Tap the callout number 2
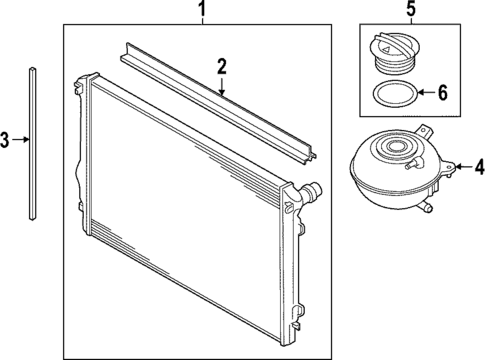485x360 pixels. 222,67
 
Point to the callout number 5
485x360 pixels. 410,12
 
